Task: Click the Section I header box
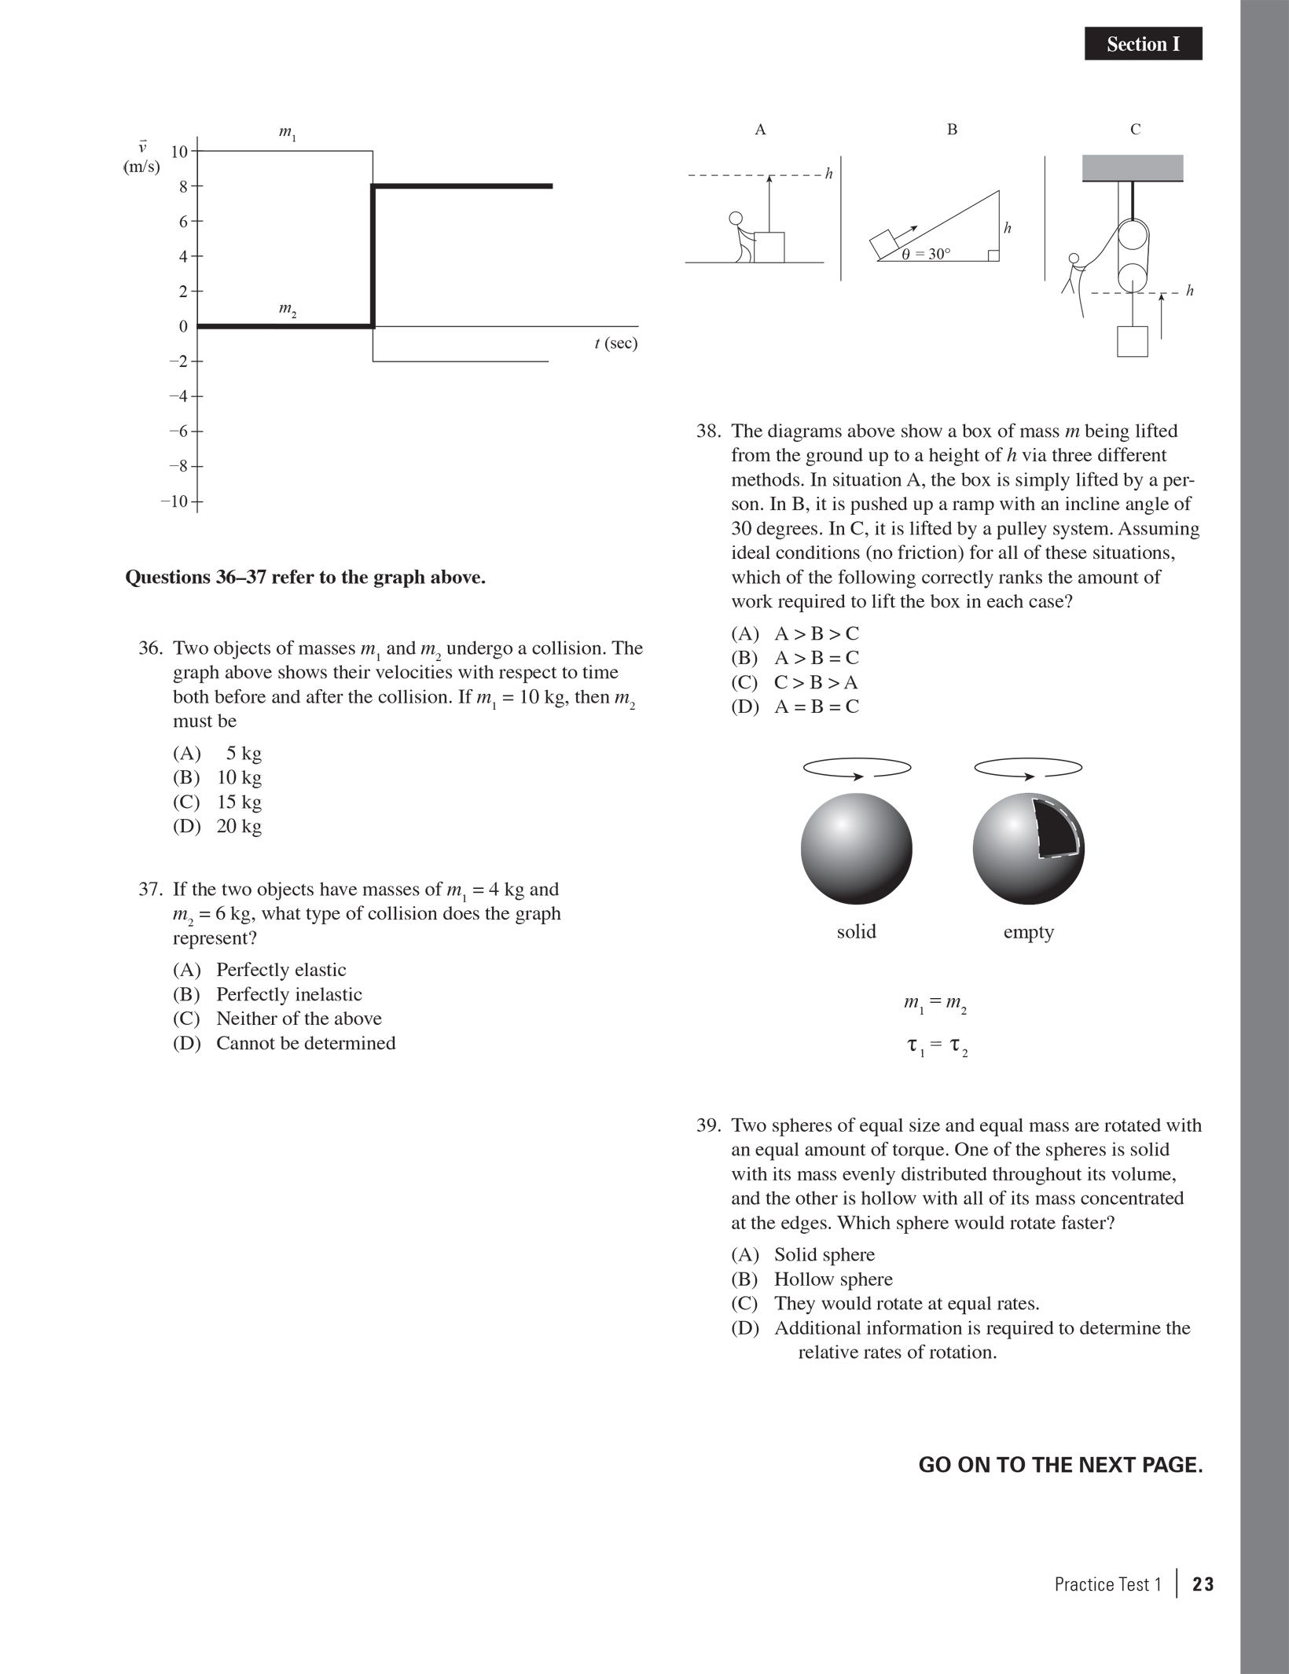(x=1143, y=44)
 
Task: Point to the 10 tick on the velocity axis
(x=180, y=152)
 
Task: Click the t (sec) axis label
(x=616, y=343)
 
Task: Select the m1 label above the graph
(x=288, y=134)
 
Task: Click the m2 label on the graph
(x=288, y=310)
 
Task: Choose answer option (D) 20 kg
(x=218, y=826)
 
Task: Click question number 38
(x=708, y=431)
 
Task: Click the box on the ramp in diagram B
(x=883, y=242)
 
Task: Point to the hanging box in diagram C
(x=1132, y=341)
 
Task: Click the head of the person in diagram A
(x=736, y=218)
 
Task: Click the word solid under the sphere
(x=856, y=932)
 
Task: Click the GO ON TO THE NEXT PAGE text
(x=1060, y=1466)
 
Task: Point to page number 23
(x=1203, y=1584)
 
